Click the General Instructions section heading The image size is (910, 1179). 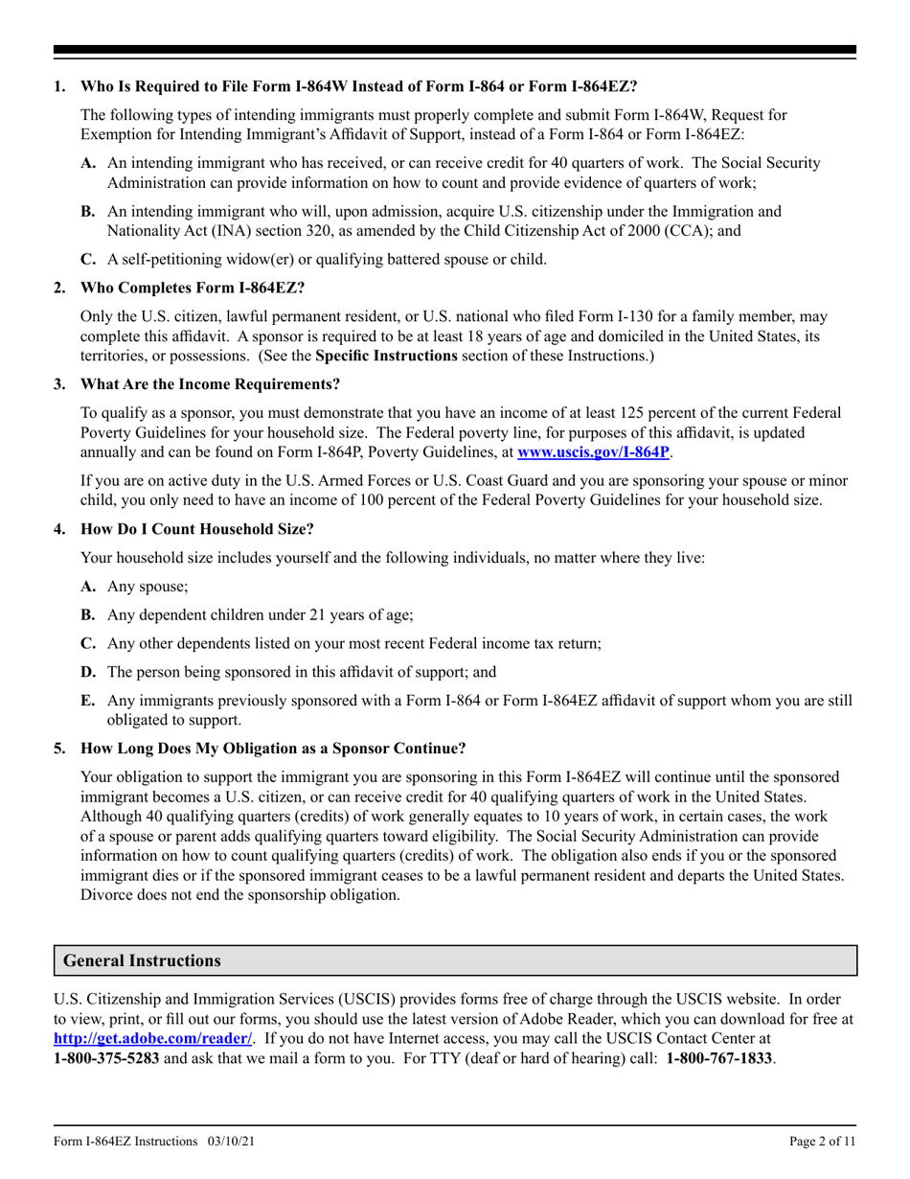click(142, 960)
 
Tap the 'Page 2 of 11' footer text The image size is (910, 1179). click(823, 1142)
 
